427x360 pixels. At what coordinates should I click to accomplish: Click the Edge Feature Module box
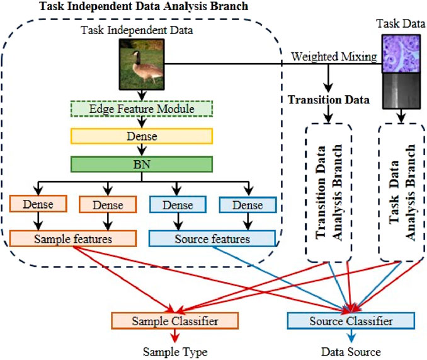click(142, 108)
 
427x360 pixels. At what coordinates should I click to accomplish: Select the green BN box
click(142, 164)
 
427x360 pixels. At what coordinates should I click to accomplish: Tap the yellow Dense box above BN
click(142, 136)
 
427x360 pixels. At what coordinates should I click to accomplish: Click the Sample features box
click(73, 238)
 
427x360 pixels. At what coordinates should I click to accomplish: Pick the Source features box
click(212, 238)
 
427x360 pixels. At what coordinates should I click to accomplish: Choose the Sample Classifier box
click(175, 321)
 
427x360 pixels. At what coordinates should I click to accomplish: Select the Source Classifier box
click(351, 321)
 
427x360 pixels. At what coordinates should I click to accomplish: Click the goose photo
click(142, 64)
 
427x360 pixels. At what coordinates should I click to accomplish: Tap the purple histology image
click(401, 54)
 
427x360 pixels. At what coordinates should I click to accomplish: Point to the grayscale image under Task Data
click(401, 91)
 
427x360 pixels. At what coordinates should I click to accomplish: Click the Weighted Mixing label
click(334, 57)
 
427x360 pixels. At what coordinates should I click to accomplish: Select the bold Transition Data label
click(329, 100)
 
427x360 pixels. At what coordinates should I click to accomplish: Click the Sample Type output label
click(175, 352)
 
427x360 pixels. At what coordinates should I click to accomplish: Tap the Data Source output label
click(351, 352)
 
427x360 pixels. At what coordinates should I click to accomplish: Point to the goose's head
click(135, 54)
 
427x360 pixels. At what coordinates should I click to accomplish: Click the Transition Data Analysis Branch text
click(329, 192)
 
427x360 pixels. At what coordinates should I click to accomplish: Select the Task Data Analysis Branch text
click(402, 192)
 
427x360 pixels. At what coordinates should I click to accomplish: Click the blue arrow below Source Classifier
click(351, 335)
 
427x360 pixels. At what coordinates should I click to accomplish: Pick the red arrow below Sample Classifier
click(175, 335)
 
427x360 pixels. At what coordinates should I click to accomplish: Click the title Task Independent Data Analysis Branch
click(144, 6)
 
